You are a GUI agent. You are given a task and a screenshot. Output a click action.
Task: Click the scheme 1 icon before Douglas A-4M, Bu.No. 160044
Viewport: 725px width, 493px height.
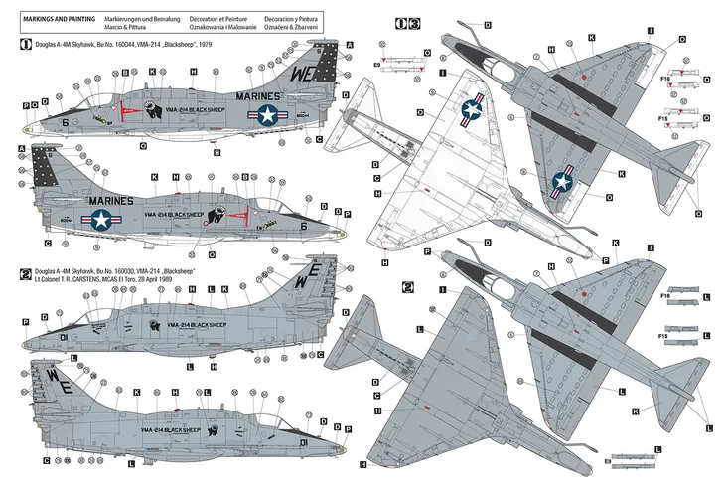[26, 45]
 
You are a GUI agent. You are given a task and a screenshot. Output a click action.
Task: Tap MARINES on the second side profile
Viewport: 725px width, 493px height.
[116, 198]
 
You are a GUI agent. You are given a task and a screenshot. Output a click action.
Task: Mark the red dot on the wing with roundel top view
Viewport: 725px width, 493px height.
[588, 79]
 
